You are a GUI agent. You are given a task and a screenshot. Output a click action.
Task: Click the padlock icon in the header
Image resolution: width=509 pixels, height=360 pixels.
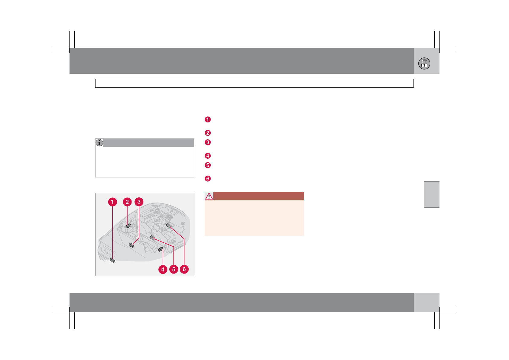point(424,63)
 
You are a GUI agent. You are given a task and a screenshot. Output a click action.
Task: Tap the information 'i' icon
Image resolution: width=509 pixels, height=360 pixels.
point(99,143)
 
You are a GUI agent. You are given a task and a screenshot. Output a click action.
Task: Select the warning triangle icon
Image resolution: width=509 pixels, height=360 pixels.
point(209,196)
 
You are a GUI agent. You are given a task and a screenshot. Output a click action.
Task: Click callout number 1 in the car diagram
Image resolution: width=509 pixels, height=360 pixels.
point(112,202)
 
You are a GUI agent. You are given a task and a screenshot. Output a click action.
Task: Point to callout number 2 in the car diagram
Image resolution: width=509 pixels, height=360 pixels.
point(127,202)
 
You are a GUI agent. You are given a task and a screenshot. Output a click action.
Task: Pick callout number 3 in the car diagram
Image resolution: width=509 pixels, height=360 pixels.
point(139,202)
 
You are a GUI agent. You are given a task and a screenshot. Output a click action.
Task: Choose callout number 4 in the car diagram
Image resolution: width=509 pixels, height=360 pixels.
point(163,270)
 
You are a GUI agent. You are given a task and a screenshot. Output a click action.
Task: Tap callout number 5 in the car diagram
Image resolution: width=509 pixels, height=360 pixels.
point(173,270)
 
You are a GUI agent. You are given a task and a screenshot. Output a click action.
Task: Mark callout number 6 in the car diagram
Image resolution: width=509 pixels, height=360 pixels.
point(184,270)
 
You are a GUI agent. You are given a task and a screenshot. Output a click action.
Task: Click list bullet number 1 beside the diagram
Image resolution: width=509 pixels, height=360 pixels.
point(208,119)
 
